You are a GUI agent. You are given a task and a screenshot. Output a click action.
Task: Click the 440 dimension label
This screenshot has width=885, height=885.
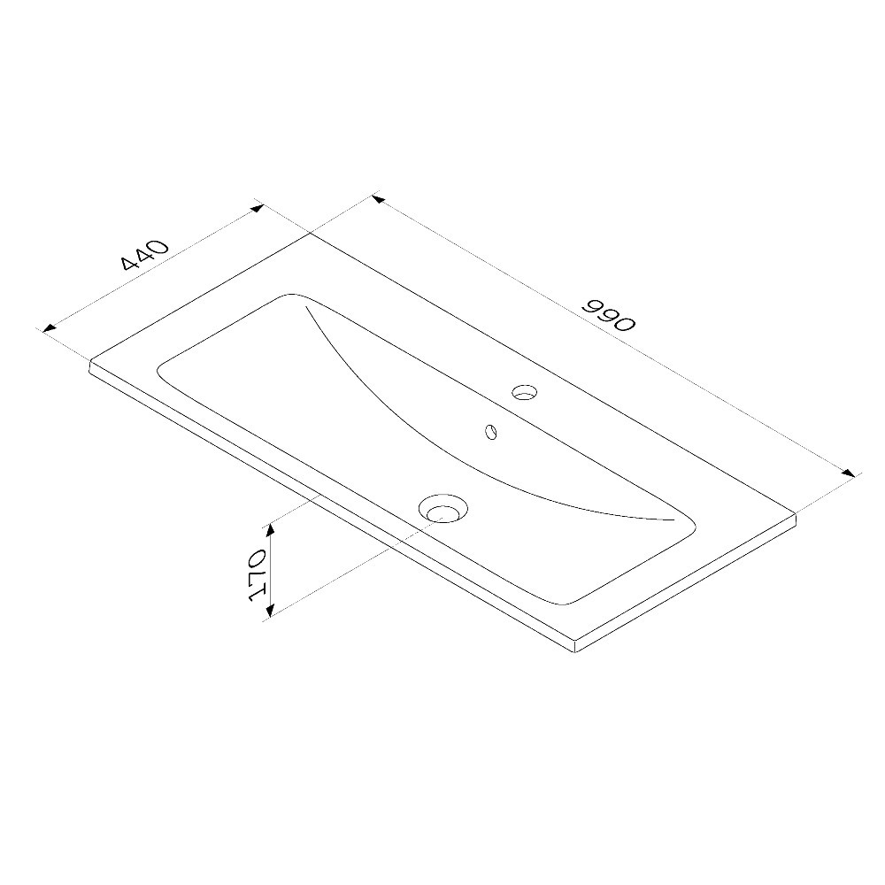coord(144,255)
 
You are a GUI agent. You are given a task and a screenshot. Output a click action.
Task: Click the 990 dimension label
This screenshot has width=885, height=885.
coord(610,315)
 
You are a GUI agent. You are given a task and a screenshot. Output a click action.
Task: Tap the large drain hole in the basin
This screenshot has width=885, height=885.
coord(443,508)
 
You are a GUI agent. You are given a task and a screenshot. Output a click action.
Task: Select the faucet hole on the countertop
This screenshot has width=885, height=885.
coord(524,392)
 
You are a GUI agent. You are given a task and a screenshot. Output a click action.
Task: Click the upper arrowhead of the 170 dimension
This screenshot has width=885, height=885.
coord(270,529)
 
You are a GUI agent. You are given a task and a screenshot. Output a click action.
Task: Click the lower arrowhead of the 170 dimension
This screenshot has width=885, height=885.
coord(270,610)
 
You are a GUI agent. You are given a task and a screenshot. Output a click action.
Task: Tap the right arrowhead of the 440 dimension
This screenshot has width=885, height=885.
coord(257,208)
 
